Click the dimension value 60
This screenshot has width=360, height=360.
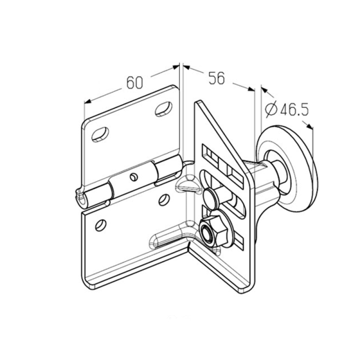135,82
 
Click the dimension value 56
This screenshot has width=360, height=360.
216,78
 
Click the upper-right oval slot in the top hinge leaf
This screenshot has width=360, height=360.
164,108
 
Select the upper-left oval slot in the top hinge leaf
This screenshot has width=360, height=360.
100,134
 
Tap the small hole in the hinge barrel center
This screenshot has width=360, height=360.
133,177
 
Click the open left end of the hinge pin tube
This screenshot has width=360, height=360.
81,197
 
